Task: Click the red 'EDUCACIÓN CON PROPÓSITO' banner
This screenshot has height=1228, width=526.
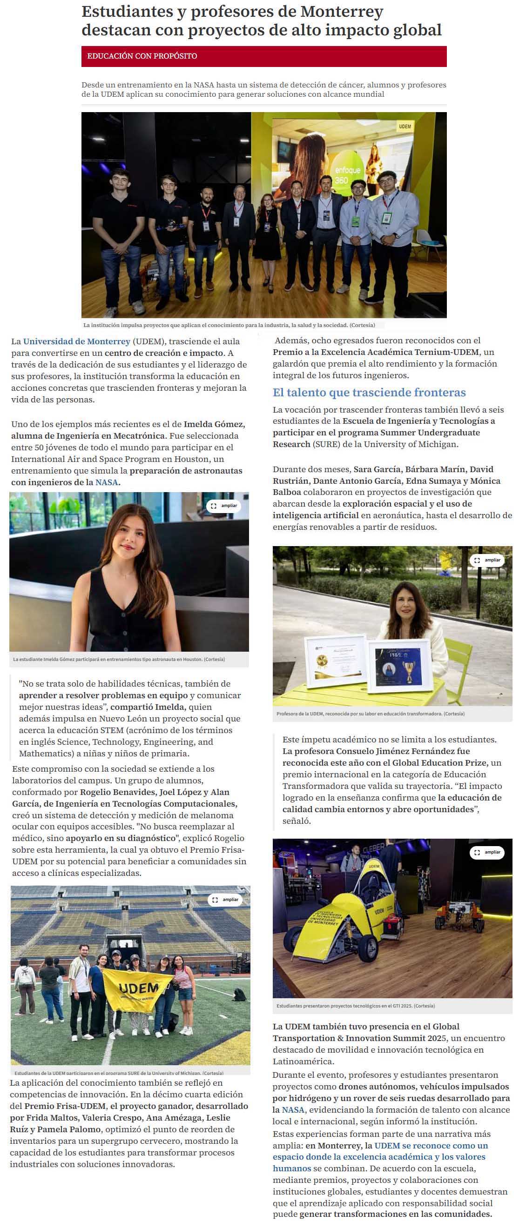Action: click(x=264, y=56)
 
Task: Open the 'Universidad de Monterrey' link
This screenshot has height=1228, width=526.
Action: click(x=76, y=341)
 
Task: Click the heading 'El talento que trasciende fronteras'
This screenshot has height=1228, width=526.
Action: click(x=369, y=392)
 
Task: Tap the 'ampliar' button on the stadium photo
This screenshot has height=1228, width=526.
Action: click(x=225, y=900)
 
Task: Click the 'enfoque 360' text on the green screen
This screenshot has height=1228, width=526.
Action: click(x=348, y=175)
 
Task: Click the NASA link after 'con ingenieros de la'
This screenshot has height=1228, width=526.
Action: click(x=106, y=482)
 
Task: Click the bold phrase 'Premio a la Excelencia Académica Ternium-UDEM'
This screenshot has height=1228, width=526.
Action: click(x=376, y=352)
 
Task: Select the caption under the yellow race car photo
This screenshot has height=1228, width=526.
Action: click(x=355, y=1006)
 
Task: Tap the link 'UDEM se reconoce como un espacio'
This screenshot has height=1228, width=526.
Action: click(x=431, y=1146)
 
